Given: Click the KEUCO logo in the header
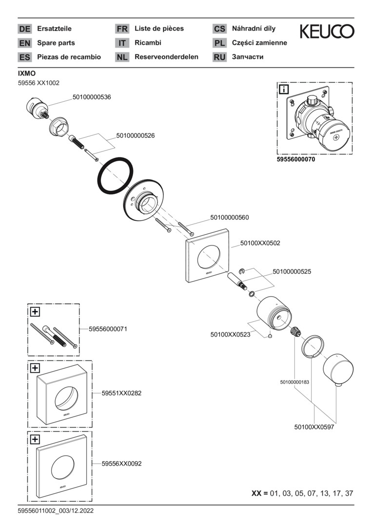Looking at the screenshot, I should click(327, 32).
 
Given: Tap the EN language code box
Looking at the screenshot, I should click(24, 43).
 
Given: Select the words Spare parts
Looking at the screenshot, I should click(56, 43).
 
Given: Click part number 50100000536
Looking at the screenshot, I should click(92, 97).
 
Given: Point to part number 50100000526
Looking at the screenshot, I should click(136, 136).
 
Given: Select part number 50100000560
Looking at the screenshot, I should click(230, 218).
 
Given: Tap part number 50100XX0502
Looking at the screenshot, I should click(260, 243).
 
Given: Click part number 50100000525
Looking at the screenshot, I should click(292, 271).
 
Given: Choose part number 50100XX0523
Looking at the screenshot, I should click(230, 335).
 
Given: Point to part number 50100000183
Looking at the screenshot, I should click(294, 382).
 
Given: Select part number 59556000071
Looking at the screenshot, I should click(108, 329).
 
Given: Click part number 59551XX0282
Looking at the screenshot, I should click(121, 393).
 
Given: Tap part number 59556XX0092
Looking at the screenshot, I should click(121, 464).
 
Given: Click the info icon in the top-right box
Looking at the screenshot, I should click(283, 89).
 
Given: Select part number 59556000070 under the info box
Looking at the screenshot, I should click(296, 159).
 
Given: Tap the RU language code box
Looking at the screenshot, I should click(219, 57).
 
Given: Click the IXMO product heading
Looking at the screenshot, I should click(27, 73).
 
